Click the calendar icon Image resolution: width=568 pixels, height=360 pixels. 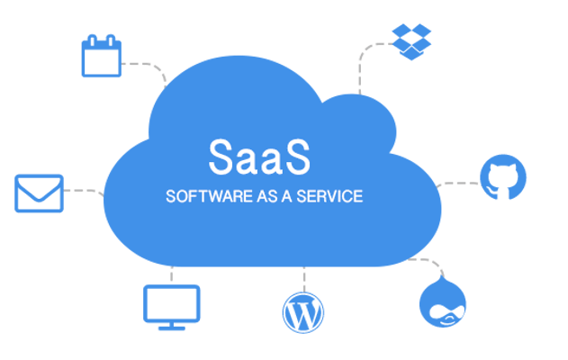102,56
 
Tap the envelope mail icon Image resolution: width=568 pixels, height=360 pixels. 39,193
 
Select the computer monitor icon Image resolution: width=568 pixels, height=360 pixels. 172,308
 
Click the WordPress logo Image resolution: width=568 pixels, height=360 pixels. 303,312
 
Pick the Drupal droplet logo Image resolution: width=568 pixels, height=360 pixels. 443,301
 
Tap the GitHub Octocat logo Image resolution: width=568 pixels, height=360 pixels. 503,177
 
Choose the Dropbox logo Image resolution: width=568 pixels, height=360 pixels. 411,41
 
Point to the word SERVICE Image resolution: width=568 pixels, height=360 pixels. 329,196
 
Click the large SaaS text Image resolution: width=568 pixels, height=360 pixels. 259,157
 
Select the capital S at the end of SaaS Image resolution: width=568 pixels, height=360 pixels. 297,157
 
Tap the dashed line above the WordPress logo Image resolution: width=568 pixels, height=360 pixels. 304,279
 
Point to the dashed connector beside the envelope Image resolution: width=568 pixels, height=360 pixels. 84,192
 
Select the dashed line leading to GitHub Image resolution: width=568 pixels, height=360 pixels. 458,184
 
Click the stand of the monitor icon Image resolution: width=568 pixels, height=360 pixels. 172,326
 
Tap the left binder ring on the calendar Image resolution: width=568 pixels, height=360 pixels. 92,40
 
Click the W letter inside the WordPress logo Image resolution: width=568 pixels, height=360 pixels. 303,313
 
